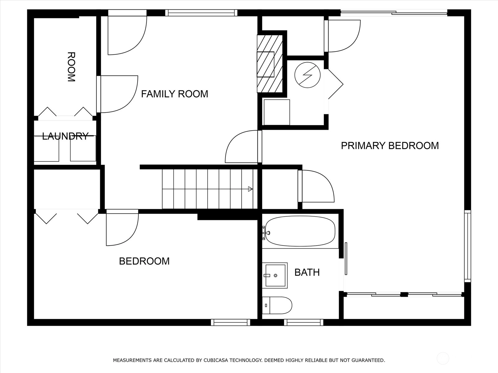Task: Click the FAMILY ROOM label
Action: pyautogui.click(x=175, y=94)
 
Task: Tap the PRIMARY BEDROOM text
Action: pyautogui.click(x=390, y=145)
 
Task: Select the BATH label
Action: pyautogui.click(x=307, y=272)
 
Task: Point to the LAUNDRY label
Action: pyautogui.click(x=65, y=136)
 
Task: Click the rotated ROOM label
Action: pyautogui.click(x=71, y=67)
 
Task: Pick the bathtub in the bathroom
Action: pyautogui.click(x=300, y=231)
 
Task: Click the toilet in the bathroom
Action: pyautogui.click(x=277, y=305)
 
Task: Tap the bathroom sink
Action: pyautogui.click(x=275, y=275)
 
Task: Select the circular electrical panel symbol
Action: pyautogui.click(x=308, y=75)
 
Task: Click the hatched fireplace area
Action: pyautogui.click(x=270, y=64)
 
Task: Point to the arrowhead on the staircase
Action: pyautogui.click(x=250, y=189)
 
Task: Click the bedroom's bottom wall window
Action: pyautogui.click(x=231, y=322)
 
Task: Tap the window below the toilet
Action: pyautogui.click(x=303, y=322)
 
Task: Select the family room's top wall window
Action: pyautogui.click(x=201, y=13)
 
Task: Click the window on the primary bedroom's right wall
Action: pyautogui.click(x=467, y=246)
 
